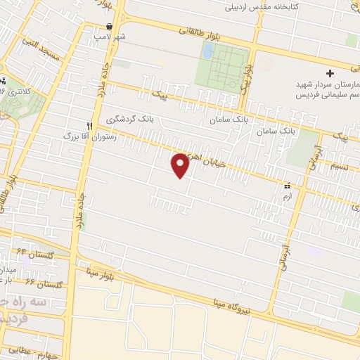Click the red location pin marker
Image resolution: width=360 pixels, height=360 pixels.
coord(181,165)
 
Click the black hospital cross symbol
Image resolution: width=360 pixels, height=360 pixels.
coord(330,73)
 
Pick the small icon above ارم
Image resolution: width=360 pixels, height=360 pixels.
coord(286,186)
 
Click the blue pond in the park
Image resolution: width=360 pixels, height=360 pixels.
coord(208,51)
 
